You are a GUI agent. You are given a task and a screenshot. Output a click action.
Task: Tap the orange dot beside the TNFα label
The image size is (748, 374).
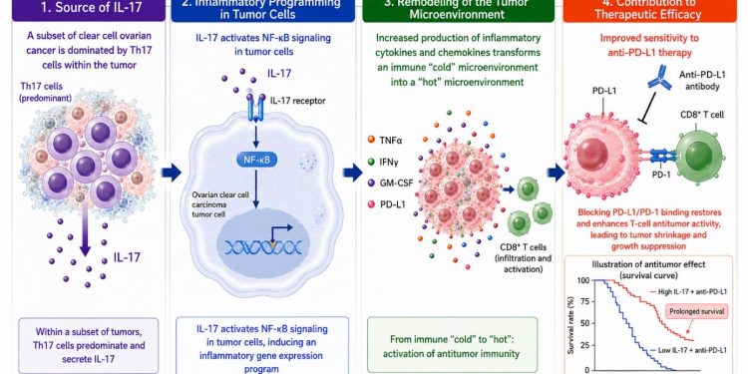(371, 140)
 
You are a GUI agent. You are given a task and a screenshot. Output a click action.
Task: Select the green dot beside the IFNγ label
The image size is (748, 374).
(371, 162)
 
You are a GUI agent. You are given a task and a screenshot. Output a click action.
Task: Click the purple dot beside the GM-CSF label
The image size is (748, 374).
(371, 183)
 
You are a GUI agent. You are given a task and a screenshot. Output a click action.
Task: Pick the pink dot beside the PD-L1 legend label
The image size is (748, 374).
(371, 204)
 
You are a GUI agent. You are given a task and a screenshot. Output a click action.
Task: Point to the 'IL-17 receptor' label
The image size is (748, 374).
(292, 100)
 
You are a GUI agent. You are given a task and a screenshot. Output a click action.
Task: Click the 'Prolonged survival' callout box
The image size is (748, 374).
(695, 311)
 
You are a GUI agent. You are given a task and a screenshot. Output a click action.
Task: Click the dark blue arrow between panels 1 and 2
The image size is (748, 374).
(172, 172)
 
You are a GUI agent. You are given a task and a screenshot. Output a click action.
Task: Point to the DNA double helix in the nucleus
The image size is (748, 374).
(263, 246)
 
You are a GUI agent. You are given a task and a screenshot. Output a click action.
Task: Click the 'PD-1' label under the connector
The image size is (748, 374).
(661, 175)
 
